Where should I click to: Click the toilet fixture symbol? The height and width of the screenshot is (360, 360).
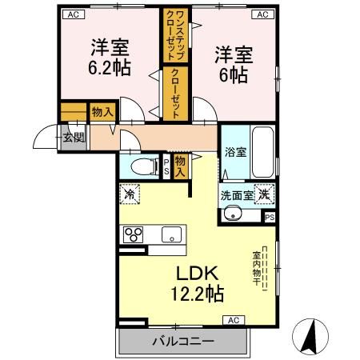(x=145, y=166)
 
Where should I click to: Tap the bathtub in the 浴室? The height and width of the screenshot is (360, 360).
(x=263, y=152)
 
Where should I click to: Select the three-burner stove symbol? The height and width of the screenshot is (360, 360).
(x=133, y=234)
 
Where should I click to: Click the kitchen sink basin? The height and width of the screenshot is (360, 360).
(x=172, y=234)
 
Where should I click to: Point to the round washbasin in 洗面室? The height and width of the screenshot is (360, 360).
(x=233, y=213)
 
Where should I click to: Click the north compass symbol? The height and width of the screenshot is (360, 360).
(x=310, y=336)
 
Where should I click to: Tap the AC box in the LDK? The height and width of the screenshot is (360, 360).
(x=234, y=320)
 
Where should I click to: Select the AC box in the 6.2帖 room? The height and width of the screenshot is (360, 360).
(x=74, y=14)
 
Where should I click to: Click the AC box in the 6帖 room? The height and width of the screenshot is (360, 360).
(x=263, y=14)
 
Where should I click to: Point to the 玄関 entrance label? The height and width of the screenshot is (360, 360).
(x=74, y=138)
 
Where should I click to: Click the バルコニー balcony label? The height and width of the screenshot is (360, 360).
(x=183, y=341)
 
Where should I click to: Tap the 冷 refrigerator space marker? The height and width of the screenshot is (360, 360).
(x=130, y=194)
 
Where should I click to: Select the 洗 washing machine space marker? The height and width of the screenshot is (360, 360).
(x=264, y=194)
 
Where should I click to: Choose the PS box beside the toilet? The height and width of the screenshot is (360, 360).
(x=166, y=166)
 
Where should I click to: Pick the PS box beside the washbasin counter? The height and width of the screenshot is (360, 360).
(x=270, y=218)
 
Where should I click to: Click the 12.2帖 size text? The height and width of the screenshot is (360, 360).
(x=197, y=294)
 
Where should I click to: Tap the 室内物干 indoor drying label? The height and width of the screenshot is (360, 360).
(x=256, y=268)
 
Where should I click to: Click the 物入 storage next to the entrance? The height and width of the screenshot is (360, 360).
(x=102, y=112)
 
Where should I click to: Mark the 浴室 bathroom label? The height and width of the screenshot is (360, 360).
(x=235, y=152)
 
